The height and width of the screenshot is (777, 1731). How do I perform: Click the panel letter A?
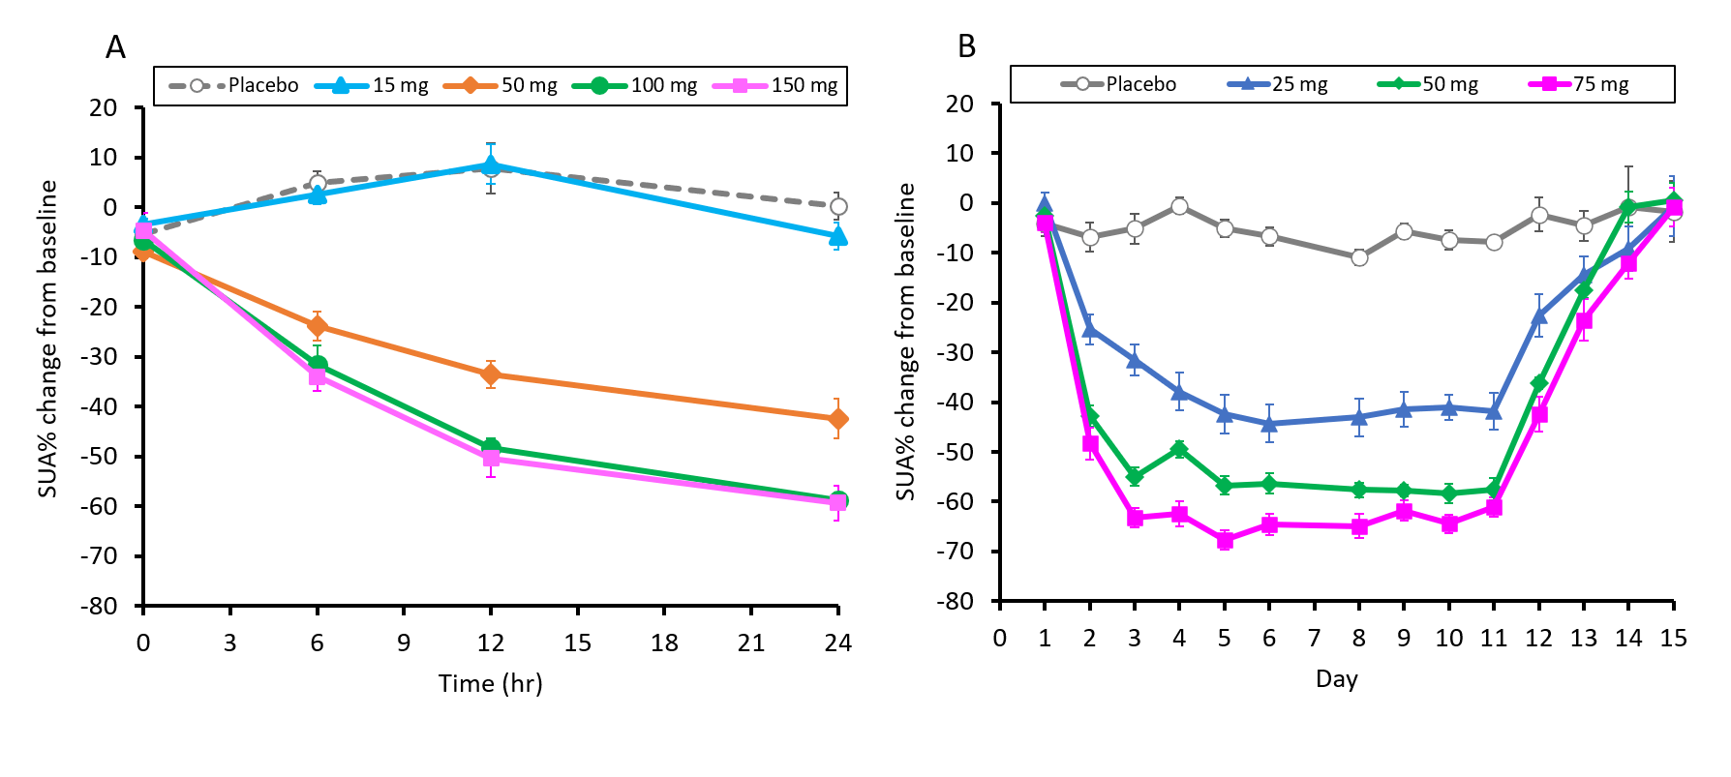[115, 47]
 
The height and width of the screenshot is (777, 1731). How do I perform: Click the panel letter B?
[966, 46]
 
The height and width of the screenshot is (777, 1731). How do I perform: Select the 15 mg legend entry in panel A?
[372, 85]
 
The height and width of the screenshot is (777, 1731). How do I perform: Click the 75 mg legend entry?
[1579, 84]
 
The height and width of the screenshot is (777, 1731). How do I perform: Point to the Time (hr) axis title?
[490, 684]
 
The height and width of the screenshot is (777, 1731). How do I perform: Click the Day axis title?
[1336, 679]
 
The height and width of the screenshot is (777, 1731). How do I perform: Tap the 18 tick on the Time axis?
[664, 643]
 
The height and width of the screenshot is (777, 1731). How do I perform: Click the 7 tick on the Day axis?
[1314, 639]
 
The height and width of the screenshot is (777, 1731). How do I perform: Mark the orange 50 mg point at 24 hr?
[838, 419]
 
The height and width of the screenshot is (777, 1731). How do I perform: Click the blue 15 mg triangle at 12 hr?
[491, 164]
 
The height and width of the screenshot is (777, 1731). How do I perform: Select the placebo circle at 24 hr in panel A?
[838, 206]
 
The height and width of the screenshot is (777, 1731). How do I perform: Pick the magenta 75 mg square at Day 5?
[1225, 540]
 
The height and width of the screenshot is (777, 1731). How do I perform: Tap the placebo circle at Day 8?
[1359, 257]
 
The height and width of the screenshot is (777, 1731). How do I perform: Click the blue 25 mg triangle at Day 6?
[1269, 424]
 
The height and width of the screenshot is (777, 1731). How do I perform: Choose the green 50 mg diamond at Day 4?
[1179, 449]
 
